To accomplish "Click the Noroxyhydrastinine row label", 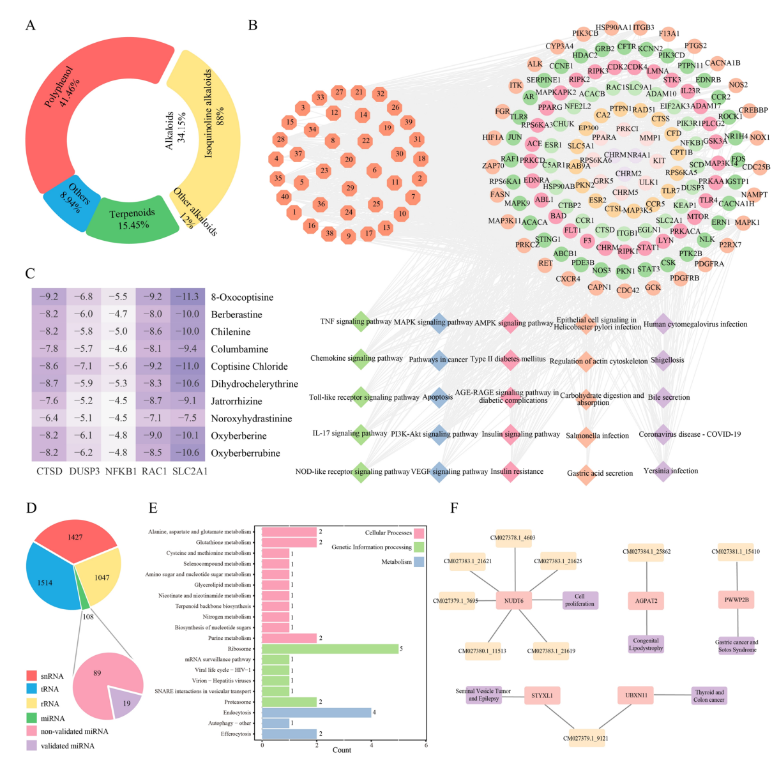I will point(251,418).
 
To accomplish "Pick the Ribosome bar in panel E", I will point(330,649).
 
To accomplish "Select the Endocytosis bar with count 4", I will point(317,713).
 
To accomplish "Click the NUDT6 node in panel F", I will point(513,600).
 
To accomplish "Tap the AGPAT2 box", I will point(646,600).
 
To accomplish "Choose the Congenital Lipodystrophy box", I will point(646,644).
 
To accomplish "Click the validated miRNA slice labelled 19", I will point(125,703).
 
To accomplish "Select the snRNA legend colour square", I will point(32,676).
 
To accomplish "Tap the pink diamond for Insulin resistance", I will point(510,471).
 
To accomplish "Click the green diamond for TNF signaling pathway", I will point(361,321).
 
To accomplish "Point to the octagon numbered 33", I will point(320,98).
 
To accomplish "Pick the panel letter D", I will point(31,508).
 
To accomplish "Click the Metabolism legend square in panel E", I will point(419,562).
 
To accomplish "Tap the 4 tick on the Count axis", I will point(371,745).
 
